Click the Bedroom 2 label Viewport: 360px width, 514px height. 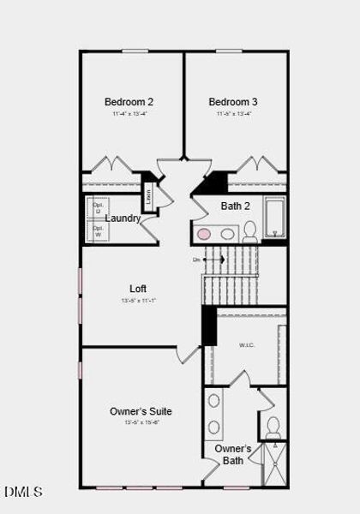pyautogui.click(x=129, y=102)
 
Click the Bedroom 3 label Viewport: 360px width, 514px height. pyautogui.click(x=233, y=102)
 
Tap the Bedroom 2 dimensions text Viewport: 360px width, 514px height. pyautogui.click(x=129, y=113)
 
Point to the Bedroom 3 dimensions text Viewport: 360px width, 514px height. pyautogui.click(x=233, y=113)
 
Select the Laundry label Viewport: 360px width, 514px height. pyautogui.click(x=123, y=218)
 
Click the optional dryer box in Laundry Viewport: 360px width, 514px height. pyautogui.click(x=98, y=207)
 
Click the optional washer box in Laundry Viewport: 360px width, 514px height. pyautogui.click(x=98, y=231)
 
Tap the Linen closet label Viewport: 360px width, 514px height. pyautogui.click(x=148, y=194)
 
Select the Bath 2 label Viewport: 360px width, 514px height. pyautogui.click(x=236, y=206)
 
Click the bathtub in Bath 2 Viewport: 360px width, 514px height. pyautogui.click(x=274, y=217)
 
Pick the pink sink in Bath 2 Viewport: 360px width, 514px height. pyautogui.click(x=204, y=234)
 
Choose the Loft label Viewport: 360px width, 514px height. pyautogui.click(x=138, y=289)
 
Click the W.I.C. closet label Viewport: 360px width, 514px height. pyautogui.click(x=248, y=345)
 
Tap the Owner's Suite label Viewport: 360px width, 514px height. pyautogui.click(x=141, y=411)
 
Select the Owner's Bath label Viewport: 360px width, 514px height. pyautogui.click(x=232, y=454)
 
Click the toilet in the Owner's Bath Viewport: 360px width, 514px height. pyautogui.click(x=273, y=427)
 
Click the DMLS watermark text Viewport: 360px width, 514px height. pyautogui.click(x=23, y=492)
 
